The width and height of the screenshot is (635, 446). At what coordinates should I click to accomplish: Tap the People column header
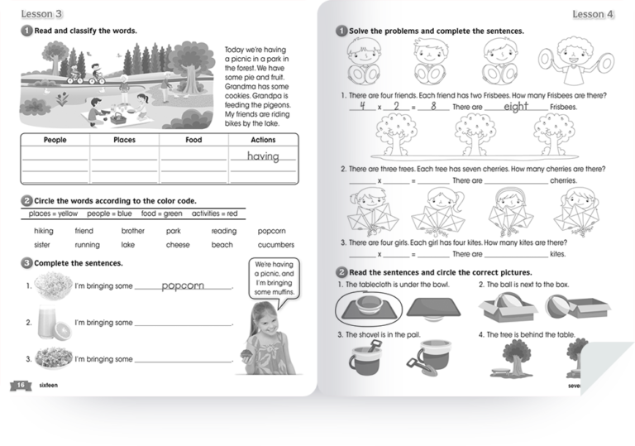[x=55, y=140]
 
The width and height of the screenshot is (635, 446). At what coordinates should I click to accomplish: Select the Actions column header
[x=263, y=140]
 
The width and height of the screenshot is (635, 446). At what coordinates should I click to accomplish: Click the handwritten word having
[x=263, y=156]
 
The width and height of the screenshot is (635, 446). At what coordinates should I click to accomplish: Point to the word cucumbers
[x=275, y=245]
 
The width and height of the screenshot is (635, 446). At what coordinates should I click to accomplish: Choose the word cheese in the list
[x=177, y=245]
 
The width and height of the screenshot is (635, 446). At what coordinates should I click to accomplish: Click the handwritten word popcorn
[x=183, y=286]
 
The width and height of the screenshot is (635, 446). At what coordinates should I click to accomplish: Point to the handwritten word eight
[x=516, y=106]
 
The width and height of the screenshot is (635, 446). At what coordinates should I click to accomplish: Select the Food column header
[x=193, y=140]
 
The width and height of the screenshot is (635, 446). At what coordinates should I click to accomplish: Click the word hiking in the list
[x=43, y=231]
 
